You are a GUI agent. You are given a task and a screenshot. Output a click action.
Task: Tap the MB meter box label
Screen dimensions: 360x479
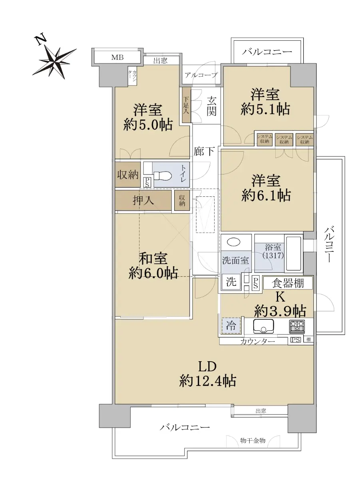[117, 57]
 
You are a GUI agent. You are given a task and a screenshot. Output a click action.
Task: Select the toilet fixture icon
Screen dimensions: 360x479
[162, 175]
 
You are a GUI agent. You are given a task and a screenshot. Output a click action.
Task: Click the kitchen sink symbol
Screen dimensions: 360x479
[263, 326]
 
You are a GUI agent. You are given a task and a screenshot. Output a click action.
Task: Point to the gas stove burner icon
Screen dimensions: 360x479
[297, 327]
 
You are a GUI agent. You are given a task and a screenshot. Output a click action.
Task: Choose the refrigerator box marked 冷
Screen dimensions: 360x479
[231, 326]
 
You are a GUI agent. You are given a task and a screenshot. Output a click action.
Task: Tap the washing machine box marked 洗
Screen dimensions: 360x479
[231, 281]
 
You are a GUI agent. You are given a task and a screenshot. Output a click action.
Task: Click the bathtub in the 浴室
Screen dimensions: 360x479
[293, 253]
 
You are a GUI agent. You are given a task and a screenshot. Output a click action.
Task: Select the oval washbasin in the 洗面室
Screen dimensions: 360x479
[234, 241]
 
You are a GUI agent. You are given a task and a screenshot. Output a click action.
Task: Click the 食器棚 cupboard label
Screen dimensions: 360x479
[288, 283]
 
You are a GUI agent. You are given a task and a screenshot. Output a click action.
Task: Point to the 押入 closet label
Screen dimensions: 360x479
[143, 200]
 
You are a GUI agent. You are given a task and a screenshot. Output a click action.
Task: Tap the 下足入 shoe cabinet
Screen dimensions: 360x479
[186, 105]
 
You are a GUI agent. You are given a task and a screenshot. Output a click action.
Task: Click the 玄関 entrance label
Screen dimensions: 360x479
[211, 106]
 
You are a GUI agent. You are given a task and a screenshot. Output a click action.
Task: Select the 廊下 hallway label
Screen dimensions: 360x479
[204, 151]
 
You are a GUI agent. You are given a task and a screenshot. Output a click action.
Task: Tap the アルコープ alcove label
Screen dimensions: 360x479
[201, 75]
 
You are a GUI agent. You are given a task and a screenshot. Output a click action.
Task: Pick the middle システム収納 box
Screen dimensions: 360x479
[284, 139]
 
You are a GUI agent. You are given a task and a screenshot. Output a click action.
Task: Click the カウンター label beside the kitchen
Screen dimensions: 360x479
[257, 341]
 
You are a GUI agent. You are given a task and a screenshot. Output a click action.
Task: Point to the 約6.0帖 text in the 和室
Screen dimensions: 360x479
[153, 273]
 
